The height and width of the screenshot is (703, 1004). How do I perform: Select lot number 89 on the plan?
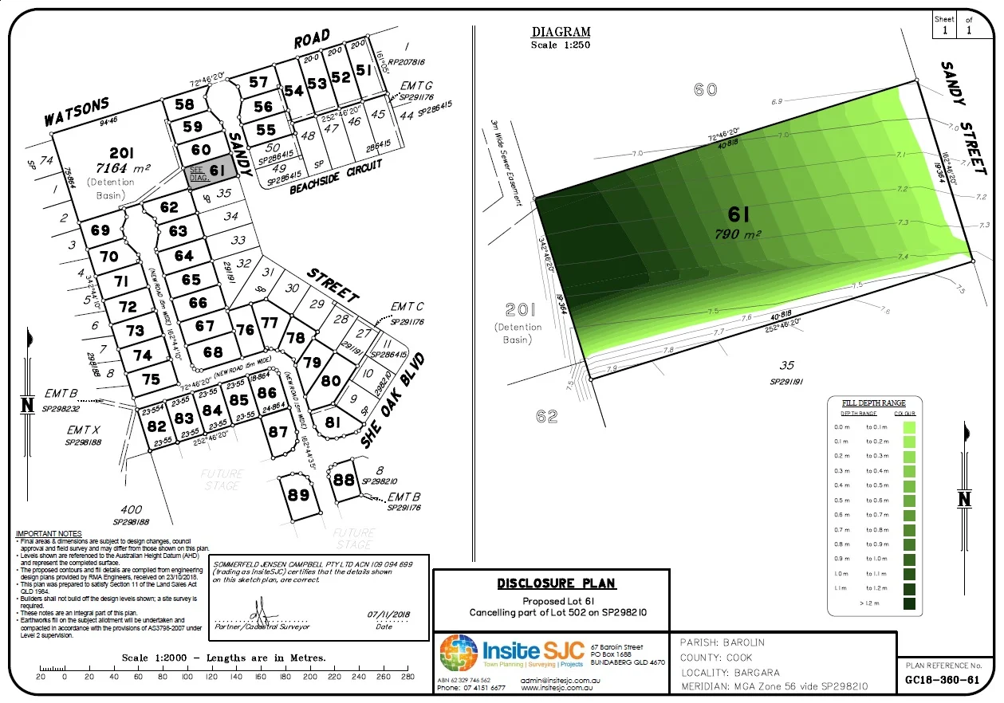coord(299,495)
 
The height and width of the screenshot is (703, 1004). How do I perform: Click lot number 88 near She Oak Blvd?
coord(344,480)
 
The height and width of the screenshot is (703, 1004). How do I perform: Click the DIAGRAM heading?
coord(561,33)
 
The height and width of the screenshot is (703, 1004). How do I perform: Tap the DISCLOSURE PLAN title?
coord(556,583)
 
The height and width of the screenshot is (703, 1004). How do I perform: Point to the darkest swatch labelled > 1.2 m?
coord(910,603)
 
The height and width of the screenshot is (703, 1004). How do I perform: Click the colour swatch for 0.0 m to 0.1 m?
coord(910,427)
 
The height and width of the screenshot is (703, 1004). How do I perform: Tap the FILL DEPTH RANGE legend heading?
coord(874,403)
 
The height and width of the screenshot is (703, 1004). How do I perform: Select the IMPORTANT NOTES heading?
coord(49,534)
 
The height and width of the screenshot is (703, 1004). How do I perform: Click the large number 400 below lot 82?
coord(132,510)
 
